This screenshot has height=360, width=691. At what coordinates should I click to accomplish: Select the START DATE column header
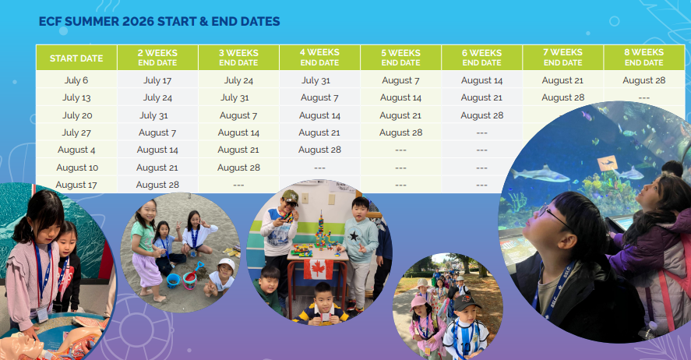pos(76,58)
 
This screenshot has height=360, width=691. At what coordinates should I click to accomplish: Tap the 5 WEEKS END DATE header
pos(400,58)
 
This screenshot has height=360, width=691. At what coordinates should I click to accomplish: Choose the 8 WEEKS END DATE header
pos(643,58)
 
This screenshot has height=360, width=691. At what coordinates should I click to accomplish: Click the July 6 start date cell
pos(76,80)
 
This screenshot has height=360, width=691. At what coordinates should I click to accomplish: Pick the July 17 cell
pos(157,80)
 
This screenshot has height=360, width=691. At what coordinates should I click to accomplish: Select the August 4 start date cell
pos(76,150)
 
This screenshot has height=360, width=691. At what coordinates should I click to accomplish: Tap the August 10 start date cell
pos(77,168)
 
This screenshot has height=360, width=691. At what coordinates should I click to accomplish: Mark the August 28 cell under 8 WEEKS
pos(643,80)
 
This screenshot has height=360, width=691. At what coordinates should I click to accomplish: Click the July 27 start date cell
pos(76,132)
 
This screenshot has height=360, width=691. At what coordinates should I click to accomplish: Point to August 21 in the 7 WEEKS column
pos(562,80)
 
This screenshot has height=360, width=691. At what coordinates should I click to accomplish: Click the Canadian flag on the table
pos(318,270)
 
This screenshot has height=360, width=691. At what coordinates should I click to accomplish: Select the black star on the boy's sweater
pos(354,236)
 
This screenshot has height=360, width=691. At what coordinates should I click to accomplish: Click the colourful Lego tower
pos(321,234)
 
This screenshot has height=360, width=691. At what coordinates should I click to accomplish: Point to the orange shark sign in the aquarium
pos(608,163)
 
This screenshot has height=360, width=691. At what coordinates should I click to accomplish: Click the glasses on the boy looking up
pos(552,216)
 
